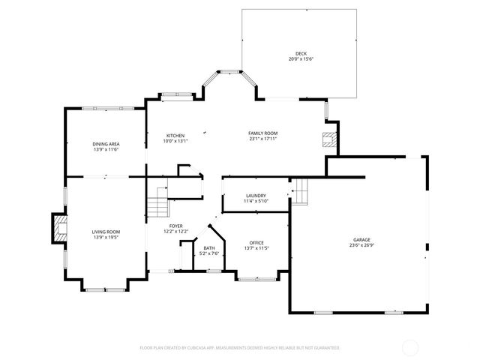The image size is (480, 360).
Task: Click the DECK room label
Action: pyautogui.click(x=301, y=54)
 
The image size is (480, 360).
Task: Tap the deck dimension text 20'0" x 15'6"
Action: pyautogui.click(x=301, y=59)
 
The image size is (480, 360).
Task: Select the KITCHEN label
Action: pyautogui.click(x=175, y=136)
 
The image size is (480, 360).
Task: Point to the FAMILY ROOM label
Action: pyautogui.click(x=263, y=133)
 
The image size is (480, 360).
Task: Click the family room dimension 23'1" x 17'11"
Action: pyautogui.click(x=263, y=139)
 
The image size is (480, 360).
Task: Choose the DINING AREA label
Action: pyautogui.click(x=106, y=144)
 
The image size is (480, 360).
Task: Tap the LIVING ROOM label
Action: pyautogui.click(x=106, y=232)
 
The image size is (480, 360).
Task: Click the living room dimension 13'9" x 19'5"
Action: pyautogui.click(x=106, y=238)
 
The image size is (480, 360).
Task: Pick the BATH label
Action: pyautogui.click(x=208, y=248)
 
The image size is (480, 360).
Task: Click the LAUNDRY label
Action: pyautogui.click(x=256, y=196)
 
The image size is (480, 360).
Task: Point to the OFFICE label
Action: pyautogui.click(x=256, y=242)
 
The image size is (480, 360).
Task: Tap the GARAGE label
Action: pyautogui.click(x=361, y=239)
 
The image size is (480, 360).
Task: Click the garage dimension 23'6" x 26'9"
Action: pyautogui.click(x=361, y=245)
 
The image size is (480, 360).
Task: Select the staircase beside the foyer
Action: pyautogui.click(x=157, y=200)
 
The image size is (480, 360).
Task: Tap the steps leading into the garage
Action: pyautogui.click(x=299, y=192)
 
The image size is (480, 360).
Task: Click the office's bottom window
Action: pyautogui.click(x=256, y=279)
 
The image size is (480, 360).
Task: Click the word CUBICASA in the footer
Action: pyautogui.click(x=217, y=348)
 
